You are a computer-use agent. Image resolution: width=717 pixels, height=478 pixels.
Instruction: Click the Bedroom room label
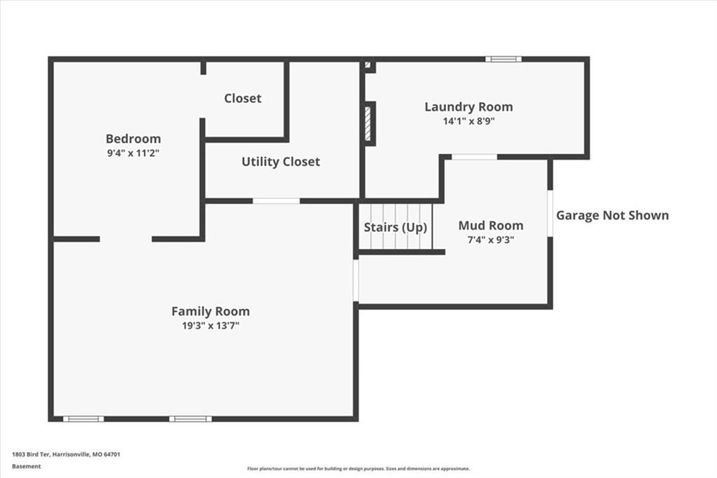(133, 139)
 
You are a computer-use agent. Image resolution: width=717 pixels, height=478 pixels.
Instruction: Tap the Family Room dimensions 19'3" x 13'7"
(211, 325)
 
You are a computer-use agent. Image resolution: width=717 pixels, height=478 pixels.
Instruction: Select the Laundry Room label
(468, 107)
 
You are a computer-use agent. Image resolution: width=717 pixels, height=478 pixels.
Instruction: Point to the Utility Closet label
(281, 162)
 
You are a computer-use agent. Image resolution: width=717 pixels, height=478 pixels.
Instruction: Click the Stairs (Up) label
(396, 228)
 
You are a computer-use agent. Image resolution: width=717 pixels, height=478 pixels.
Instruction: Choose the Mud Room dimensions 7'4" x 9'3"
(491, 240)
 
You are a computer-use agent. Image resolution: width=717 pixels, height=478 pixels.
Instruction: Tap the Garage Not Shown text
(612, 215)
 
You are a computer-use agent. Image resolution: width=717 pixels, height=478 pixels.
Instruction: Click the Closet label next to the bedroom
(243, 98)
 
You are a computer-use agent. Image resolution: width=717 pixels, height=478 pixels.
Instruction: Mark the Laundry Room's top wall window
(503, 59)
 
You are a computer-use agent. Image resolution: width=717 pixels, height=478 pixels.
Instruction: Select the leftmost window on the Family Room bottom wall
(83, 419)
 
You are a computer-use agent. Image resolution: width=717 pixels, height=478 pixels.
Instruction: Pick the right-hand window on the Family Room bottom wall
(190, 419)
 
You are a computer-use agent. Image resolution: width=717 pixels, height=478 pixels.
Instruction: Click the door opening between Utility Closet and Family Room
(276, 201)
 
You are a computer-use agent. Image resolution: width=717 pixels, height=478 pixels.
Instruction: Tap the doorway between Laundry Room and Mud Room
(474, 157)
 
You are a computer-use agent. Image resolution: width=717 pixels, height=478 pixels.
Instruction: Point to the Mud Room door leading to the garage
(550, 213)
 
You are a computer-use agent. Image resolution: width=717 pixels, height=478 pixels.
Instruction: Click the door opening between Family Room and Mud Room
(356, 280)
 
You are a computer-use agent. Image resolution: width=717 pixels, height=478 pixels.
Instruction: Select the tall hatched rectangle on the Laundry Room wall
(368, 123)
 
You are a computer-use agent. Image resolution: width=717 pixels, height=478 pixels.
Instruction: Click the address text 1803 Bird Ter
(31, 455)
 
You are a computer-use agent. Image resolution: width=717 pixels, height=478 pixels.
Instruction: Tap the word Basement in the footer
(27, 467)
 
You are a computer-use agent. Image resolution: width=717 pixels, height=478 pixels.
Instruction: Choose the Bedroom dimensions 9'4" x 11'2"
(133, 153)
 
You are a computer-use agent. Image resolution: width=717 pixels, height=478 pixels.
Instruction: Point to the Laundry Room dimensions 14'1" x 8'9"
(468, 121)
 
